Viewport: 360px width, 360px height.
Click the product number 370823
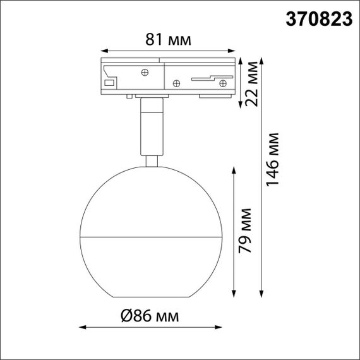pos(320,19)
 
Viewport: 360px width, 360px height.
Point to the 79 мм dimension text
pos(245,230)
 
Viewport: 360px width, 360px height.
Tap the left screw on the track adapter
pos(145,71)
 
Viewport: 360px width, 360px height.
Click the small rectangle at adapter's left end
pos(109,83)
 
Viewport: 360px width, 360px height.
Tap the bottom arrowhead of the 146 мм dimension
pos(261,292)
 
